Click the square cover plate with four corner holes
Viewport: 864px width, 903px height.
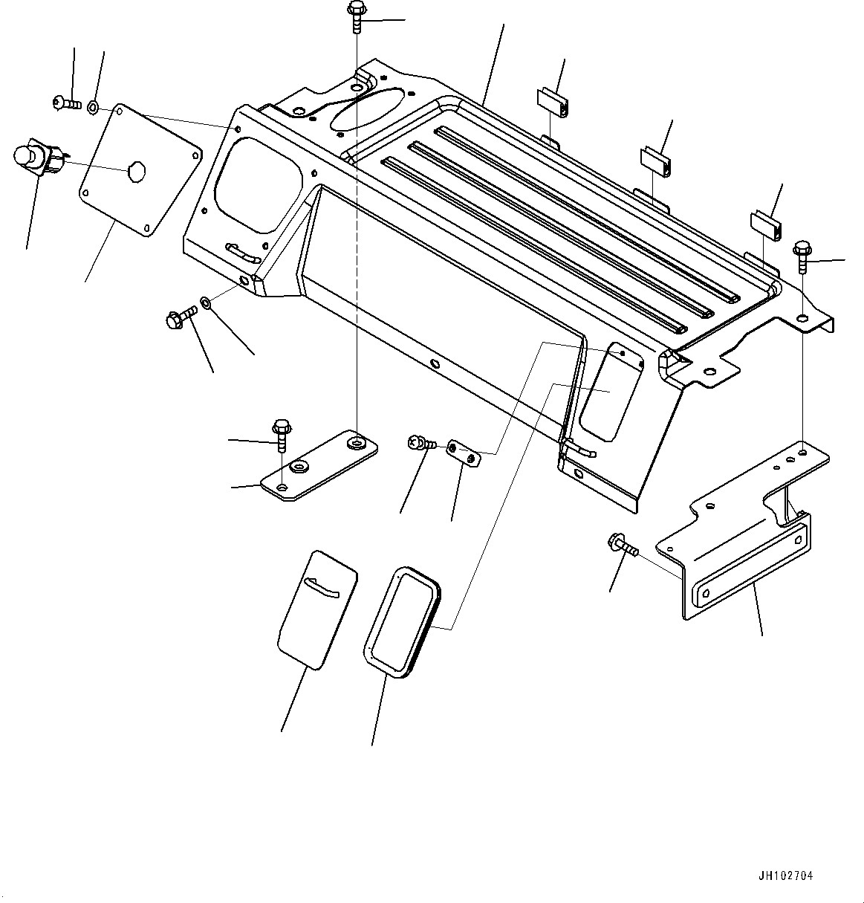pos(140,170)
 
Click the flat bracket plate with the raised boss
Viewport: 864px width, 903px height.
pos(319,465)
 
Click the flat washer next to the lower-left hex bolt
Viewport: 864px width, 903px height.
pos(204,304)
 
